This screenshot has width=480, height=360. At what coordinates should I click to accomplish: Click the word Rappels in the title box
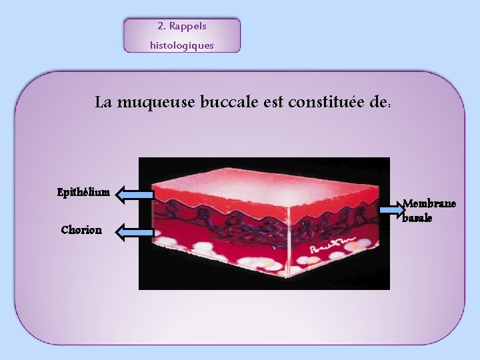pos(188,27)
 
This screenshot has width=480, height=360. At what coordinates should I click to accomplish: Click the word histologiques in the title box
pos(182,45)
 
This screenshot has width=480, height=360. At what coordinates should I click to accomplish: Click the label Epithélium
pos(83,193)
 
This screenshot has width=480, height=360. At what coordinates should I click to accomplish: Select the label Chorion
pos(81,230)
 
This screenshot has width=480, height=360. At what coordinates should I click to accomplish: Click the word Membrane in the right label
pos(429,204)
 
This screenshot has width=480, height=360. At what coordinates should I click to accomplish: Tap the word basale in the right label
pos(417,218)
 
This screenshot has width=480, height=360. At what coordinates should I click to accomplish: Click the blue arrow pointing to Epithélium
pos(133,195)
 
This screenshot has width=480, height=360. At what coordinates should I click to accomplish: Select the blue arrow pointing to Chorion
pos(133,232)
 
